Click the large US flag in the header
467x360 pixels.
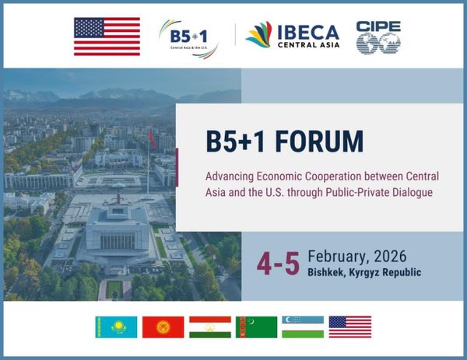click(x=107, y=36)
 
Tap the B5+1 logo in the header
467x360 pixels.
click(x=188, y=37)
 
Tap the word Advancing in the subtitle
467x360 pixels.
click(x=230, y=175)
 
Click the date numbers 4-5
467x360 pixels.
click(x=278, y=263)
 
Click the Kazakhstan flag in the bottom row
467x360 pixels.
click(x=116, y=327)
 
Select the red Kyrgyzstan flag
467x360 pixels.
click(x=163, y=327)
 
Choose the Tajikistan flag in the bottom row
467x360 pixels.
click(x=209, y=327)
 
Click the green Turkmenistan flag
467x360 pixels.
click(x=256, y=327)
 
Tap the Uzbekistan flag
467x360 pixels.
click(x=303, y=327)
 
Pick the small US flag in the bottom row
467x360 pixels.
click(x=349, y=327)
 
